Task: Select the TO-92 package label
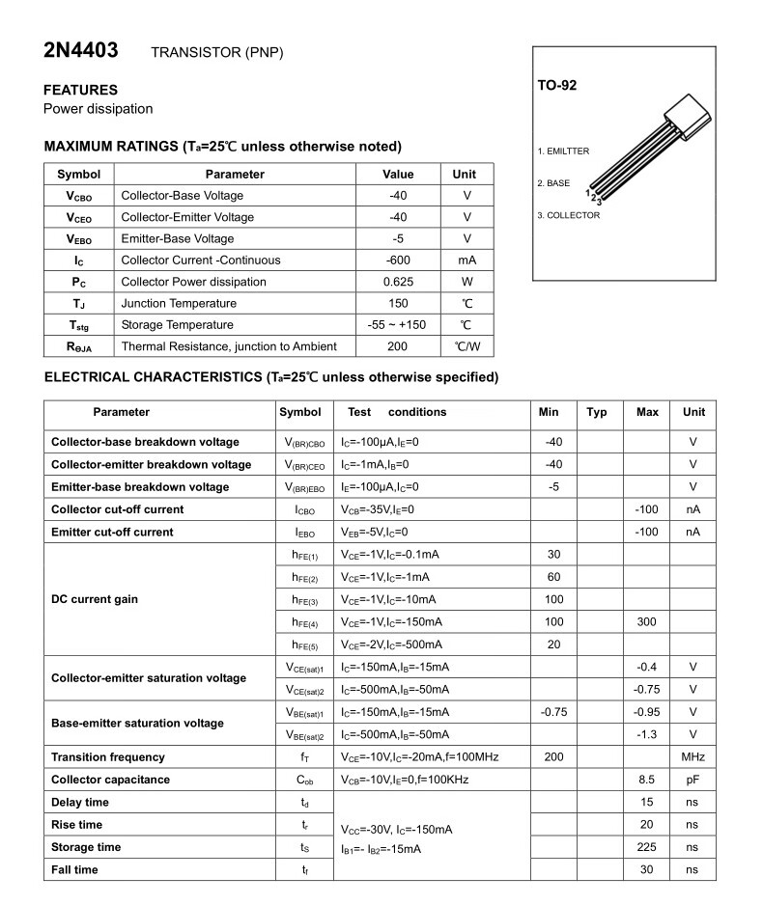(x=557, y=86)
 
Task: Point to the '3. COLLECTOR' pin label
(x=568, y=215)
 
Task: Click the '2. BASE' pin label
(x=553, y=183)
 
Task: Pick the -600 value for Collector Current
(x=398, y=260)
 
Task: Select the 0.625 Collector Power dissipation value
(x=398, y=282)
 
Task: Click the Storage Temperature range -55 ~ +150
(x=398, y=325)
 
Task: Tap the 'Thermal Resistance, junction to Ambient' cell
(x=229, y=346)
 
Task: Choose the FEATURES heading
(x=81, y=90)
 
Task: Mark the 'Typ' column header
(x=597, y=412)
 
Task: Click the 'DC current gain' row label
(x=95, y=599)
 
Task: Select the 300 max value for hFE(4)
(x=646, y=622)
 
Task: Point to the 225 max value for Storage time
(x=646, y=847)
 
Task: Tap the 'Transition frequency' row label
(x=108, y=757)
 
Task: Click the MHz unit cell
(x=692, y=757)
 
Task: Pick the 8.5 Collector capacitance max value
(x=646, y=780)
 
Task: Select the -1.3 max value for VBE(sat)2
(x=646, y=735)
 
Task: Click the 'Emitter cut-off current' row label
(x=112, y=532)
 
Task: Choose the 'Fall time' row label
(x=74, y=870)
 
